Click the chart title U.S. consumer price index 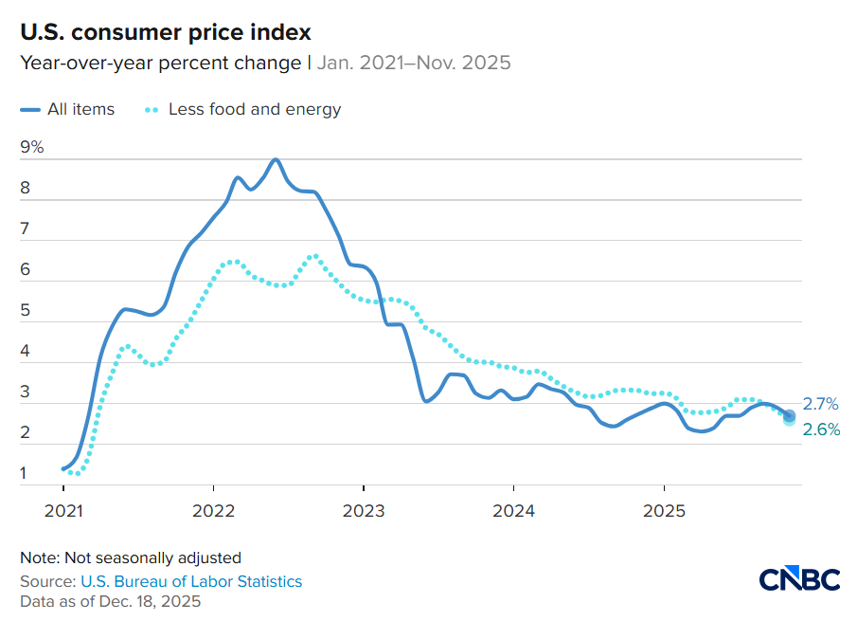(x=166, y=32)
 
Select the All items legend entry (x=67, y=109)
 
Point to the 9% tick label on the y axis (x=32, y=147)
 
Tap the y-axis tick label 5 (x=26, y=310)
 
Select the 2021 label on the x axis (x=62, y=511)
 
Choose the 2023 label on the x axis (x=363, y=511)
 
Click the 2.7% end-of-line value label (x=821, y=404)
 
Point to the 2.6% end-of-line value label (x=821, y=429)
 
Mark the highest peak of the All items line (x=275, y=159)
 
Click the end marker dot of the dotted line (x=789, y=419)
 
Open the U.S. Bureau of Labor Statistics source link (x=191, y=581)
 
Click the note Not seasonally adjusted (x=131, y=557)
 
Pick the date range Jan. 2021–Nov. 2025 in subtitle (x=414, y=63)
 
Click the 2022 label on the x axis (x=212, y=511)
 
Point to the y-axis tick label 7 (x=26, y=228)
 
